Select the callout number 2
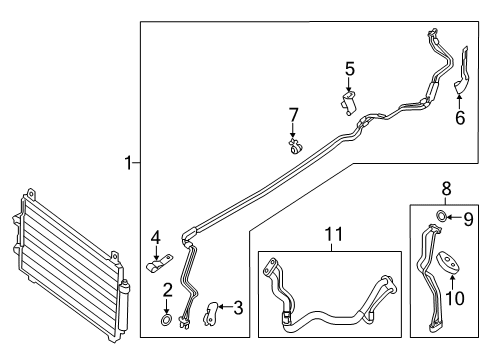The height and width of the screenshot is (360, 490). [168, 289]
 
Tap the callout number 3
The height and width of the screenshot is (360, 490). [238, 308]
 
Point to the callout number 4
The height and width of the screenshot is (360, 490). [156, 238]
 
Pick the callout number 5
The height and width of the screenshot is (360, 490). [349, 69]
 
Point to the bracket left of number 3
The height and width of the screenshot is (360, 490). [211, 313]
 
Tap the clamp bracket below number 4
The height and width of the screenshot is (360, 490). [158, 265]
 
